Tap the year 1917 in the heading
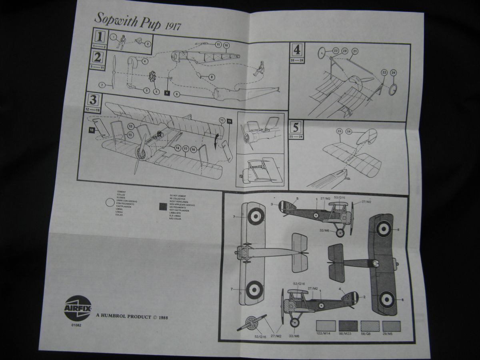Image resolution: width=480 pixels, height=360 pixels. [x=173, y=27]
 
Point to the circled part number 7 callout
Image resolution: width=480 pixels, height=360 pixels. [x=102, y=85]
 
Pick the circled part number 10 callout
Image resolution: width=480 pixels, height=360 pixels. [x=226, y=46]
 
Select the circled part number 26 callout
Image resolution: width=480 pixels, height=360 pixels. [x=348, y=131]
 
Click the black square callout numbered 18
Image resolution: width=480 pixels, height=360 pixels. [x=92, y=130]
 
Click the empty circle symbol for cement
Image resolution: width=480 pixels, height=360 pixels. [x=109, y=203]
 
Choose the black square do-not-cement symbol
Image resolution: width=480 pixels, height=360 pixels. [x=163, y=206]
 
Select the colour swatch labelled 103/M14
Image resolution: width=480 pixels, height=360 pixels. [x=326, y=325]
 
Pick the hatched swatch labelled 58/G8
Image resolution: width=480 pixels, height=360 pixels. [x=370, y=325]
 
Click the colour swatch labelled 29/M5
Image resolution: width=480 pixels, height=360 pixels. [x=391, y=325]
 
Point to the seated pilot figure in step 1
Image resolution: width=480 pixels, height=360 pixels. [x=120, y=42]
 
